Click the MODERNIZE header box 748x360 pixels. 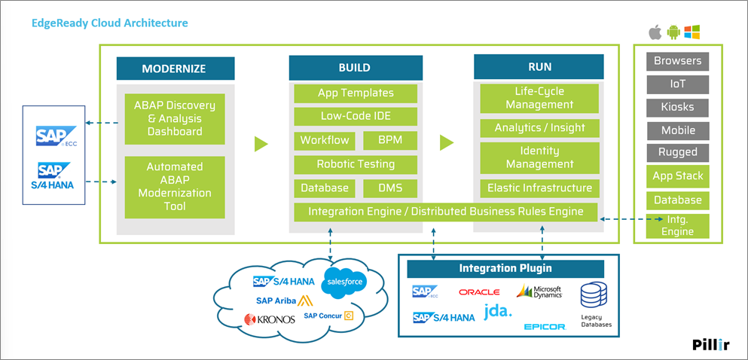(175, 69)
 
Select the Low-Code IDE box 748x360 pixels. (356, 117)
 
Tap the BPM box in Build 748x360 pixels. (390, 140)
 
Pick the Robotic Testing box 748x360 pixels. (356, 164)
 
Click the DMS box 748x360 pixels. (390, 188)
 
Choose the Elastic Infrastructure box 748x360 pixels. (539, 188)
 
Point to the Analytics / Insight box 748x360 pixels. (539, 128)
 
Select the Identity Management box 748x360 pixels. (539, 158)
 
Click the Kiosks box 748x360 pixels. (677, 107)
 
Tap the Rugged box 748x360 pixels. (677, 152)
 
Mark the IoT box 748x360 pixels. (677, 84)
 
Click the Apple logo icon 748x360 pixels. (655, 32)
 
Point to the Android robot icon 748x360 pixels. (673, 32)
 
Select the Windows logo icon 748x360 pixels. (692, 32)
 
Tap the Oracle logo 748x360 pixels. (479, 292)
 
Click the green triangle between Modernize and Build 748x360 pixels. (261, 143)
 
